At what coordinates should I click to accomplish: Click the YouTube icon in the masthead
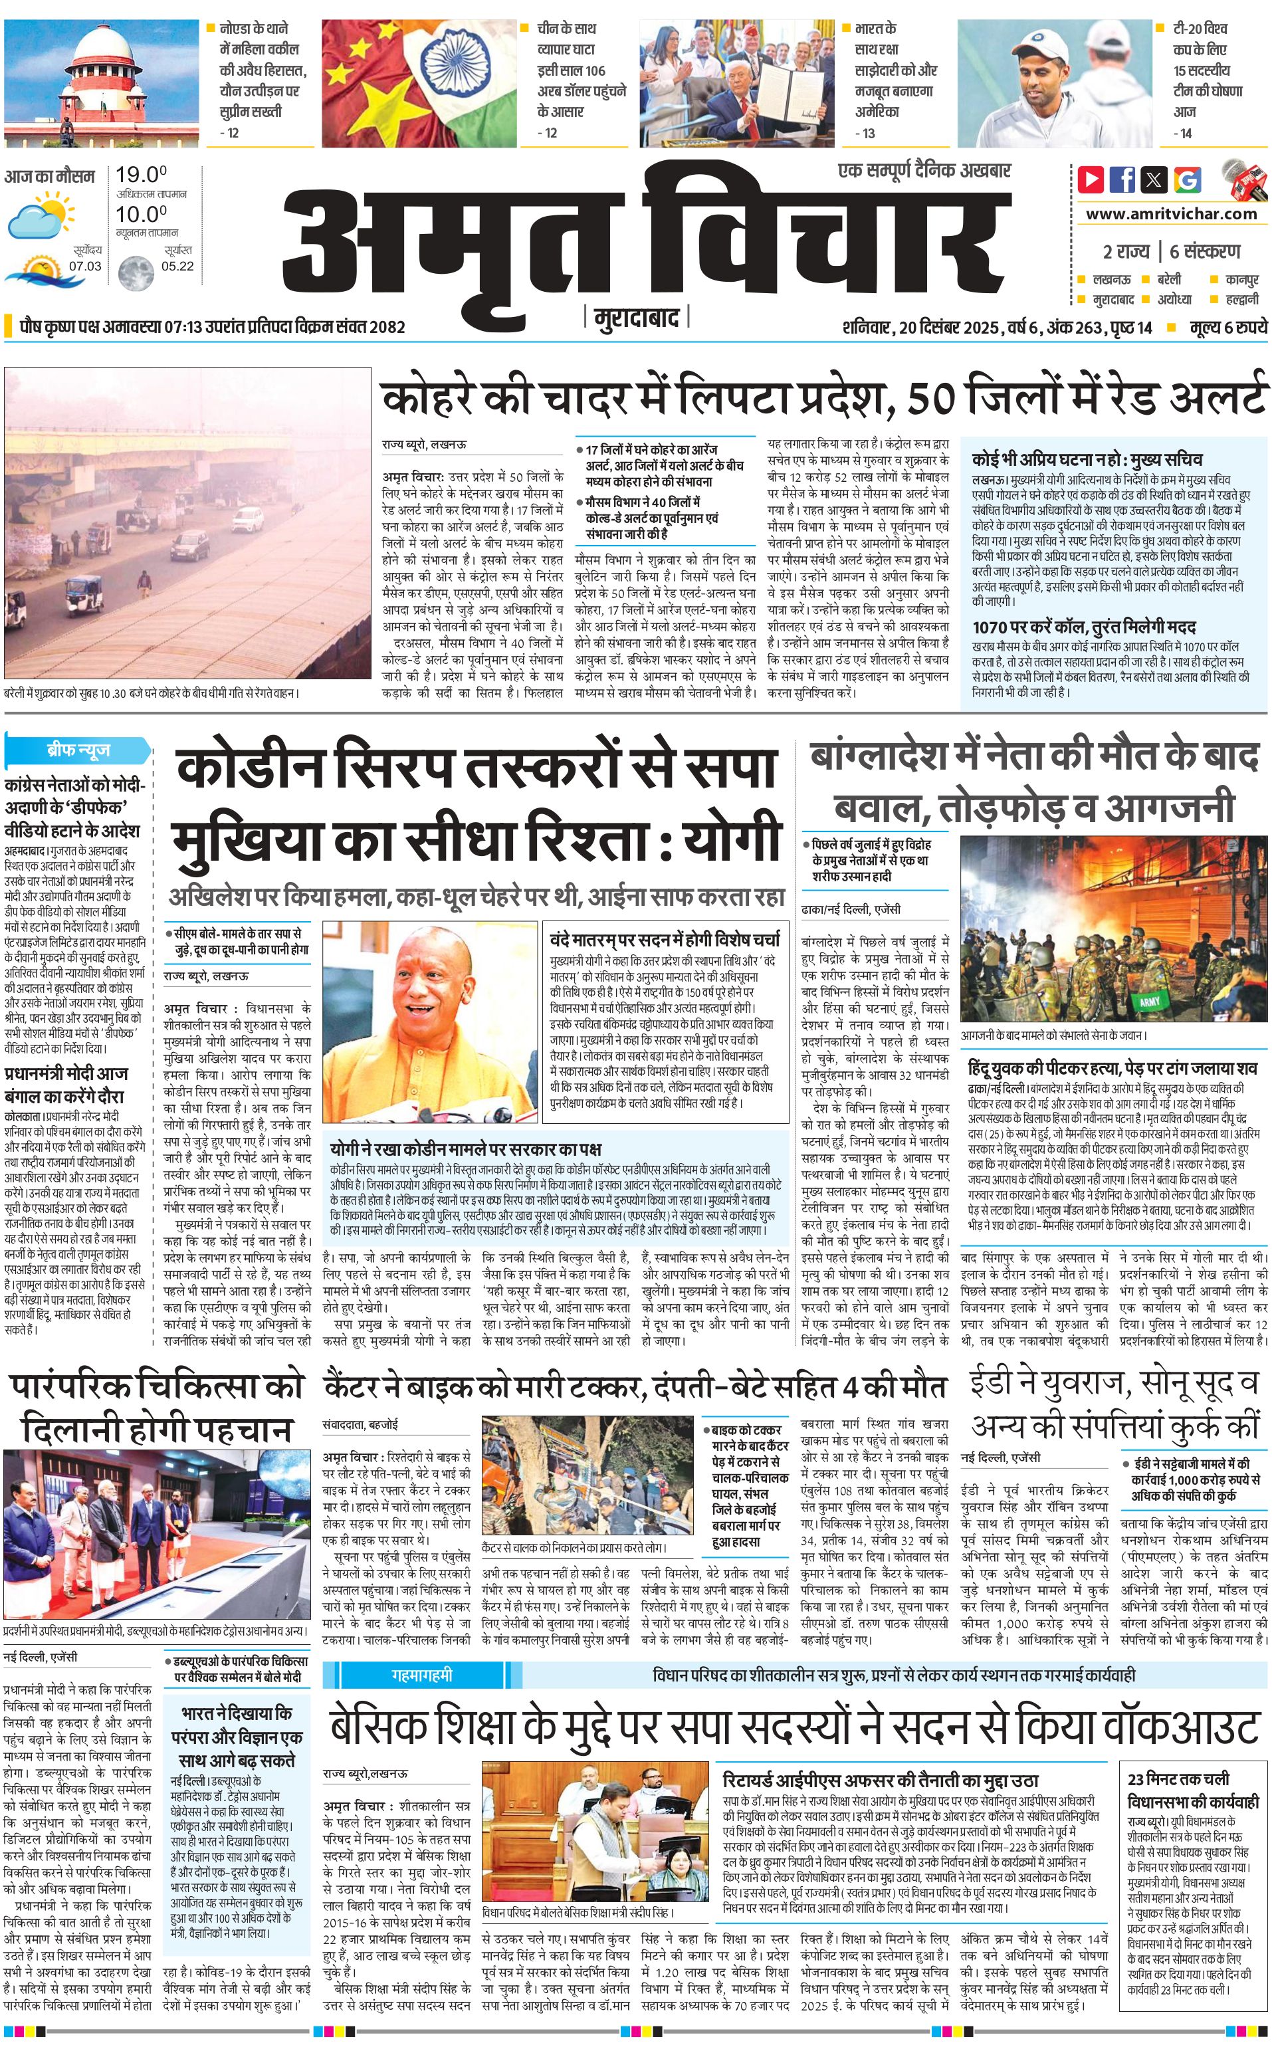tap(1091, 179)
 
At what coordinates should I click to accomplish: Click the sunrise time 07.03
tap(85, 266)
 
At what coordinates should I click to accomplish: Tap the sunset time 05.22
tap(177, 266)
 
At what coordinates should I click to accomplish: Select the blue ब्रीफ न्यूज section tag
tap(78, 750)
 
